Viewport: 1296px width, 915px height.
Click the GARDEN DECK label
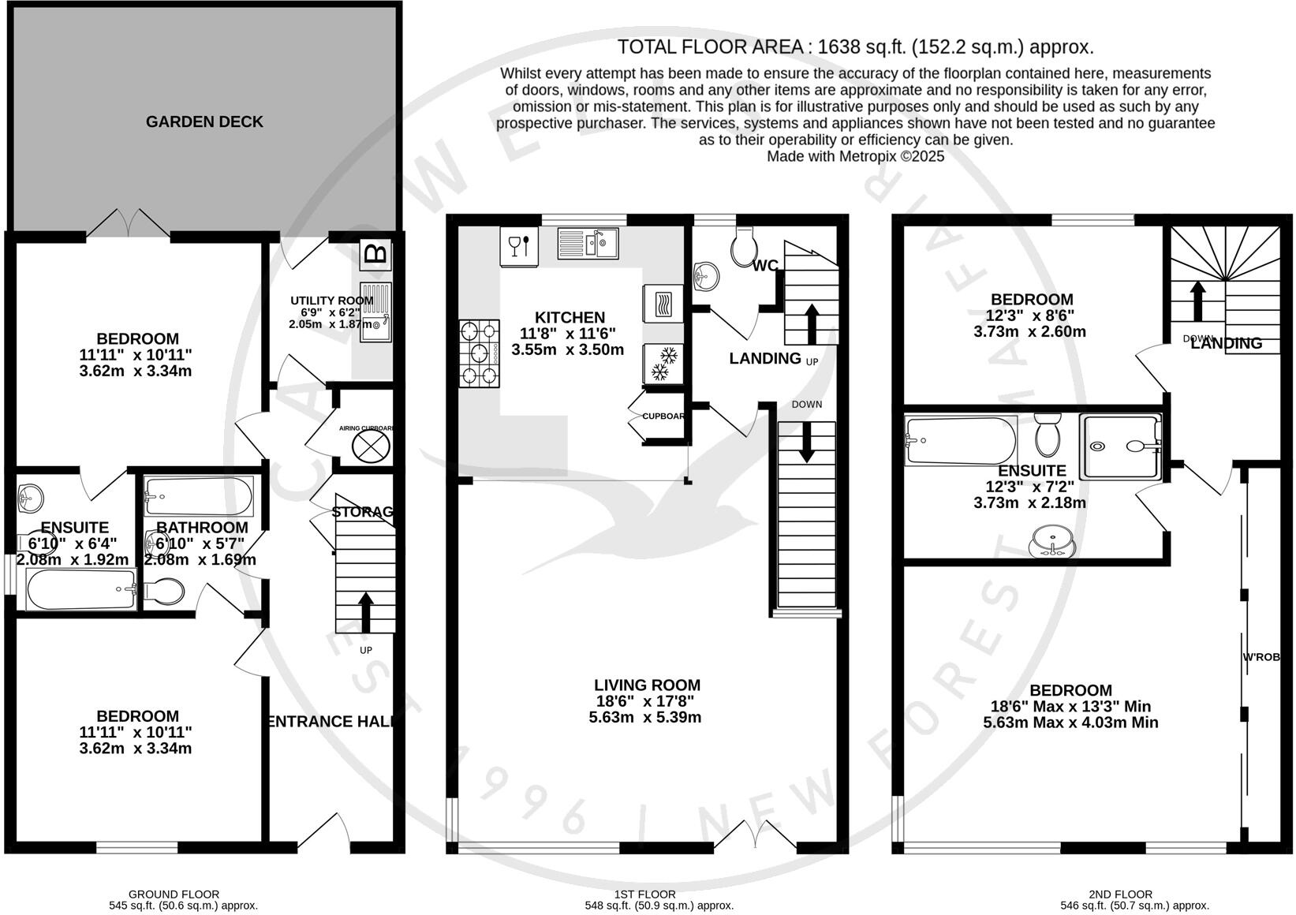204,121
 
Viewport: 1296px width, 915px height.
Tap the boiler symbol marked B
376,254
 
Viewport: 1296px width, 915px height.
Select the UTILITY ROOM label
331,301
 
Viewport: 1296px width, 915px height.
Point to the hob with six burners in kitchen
480,353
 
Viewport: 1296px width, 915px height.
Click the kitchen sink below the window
588,243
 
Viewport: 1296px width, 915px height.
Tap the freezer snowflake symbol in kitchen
663,364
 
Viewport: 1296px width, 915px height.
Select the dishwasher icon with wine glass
519,246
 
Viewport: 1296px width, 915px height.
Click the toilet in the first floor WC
744,247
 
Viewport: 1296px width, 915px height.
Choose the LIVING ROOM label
647,685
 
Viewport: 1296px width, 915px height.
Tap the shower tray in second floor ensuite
1121,446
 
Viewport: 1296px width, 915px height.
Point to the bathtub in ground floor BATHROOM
199,496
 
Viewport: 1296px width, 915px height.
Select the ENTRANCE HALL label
331,721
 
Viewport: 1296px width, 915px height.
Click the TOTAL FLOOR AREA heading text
855,47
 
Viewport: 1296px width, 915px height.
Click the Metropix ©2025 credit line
855,156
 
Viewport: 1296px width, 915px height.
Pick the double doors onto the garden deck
128,224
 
